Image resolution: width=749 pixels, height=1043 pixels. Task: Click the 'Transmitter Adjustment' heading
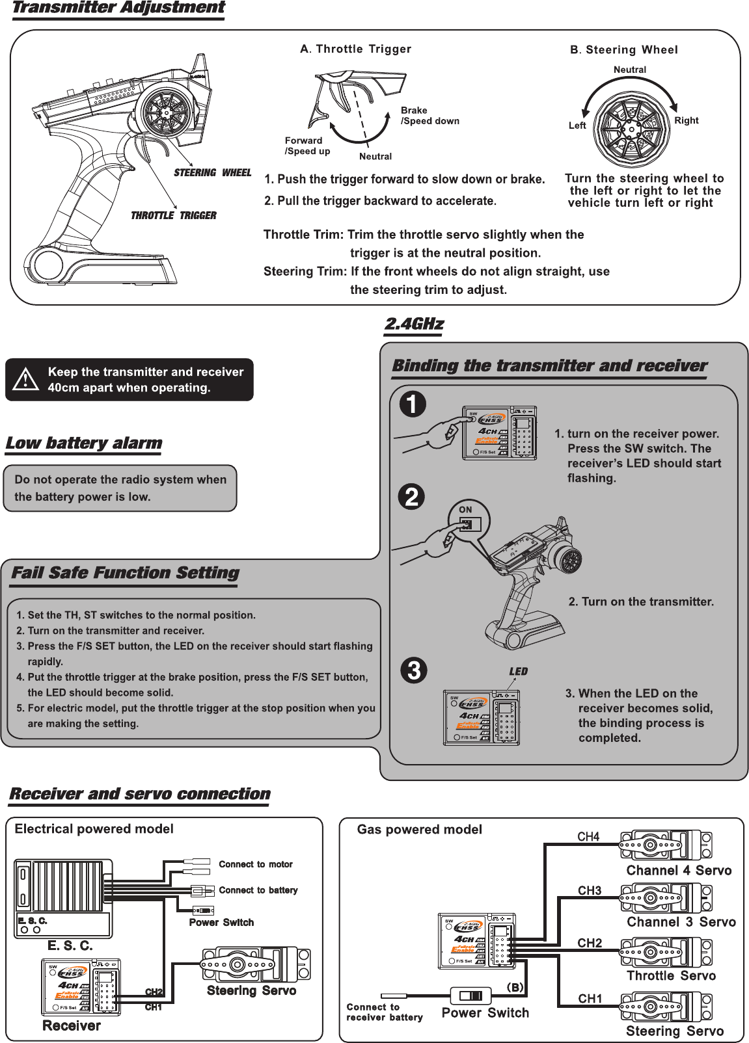coord(118,8)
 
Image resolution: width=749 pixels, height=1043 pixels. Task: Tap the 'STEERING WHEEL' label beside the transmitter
coord(212,173)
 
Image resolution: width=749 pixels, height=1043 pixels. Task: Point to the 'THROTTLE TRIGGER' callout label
coord(174,215)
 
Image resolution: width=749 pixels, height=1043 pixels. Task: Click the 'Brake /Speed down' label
coord(429,116)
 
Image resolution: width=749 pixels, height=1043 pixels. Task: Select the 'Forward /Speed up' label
coord(307,146)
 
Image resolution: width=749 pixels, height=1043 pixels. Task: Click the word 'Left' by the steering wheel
coord(577,125)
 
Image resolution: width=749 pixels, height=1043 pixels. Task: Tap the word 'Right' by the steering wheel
coord(686,120)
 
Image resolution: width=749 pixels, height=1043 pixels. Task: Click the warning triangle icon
coord(27,380)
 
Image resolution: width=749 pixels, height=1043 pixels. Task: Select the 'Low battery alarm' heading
coord(83,443)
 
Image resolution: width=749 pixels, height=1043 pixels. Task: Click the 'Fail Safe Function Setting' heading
coord(125,573)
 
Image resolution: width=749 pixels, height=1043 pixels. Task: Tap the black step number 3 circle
coord(413,671)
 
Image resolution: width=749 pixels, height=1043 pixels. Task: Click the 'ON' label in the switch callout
coord(465,509)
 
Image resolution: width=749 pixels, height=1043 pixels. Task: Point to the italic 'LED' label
coord(518,672)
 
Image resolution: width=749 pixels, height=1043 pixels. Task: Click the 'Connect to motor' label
coord(256,864)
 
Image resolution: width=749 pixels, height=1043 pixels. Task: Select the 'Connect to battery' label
coord(258,890)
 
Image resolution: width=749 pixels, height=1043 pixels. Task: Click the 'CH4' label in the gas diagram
coord(588,838)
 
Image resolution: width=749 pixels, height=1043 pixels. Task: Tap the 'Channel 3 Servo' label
coord(681,922)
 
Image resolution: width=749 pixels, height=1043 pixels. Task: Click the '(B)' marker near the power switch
coord(515,986)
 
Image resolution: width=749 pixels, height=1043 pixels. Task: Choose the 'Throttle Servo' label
coord(671,975)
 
